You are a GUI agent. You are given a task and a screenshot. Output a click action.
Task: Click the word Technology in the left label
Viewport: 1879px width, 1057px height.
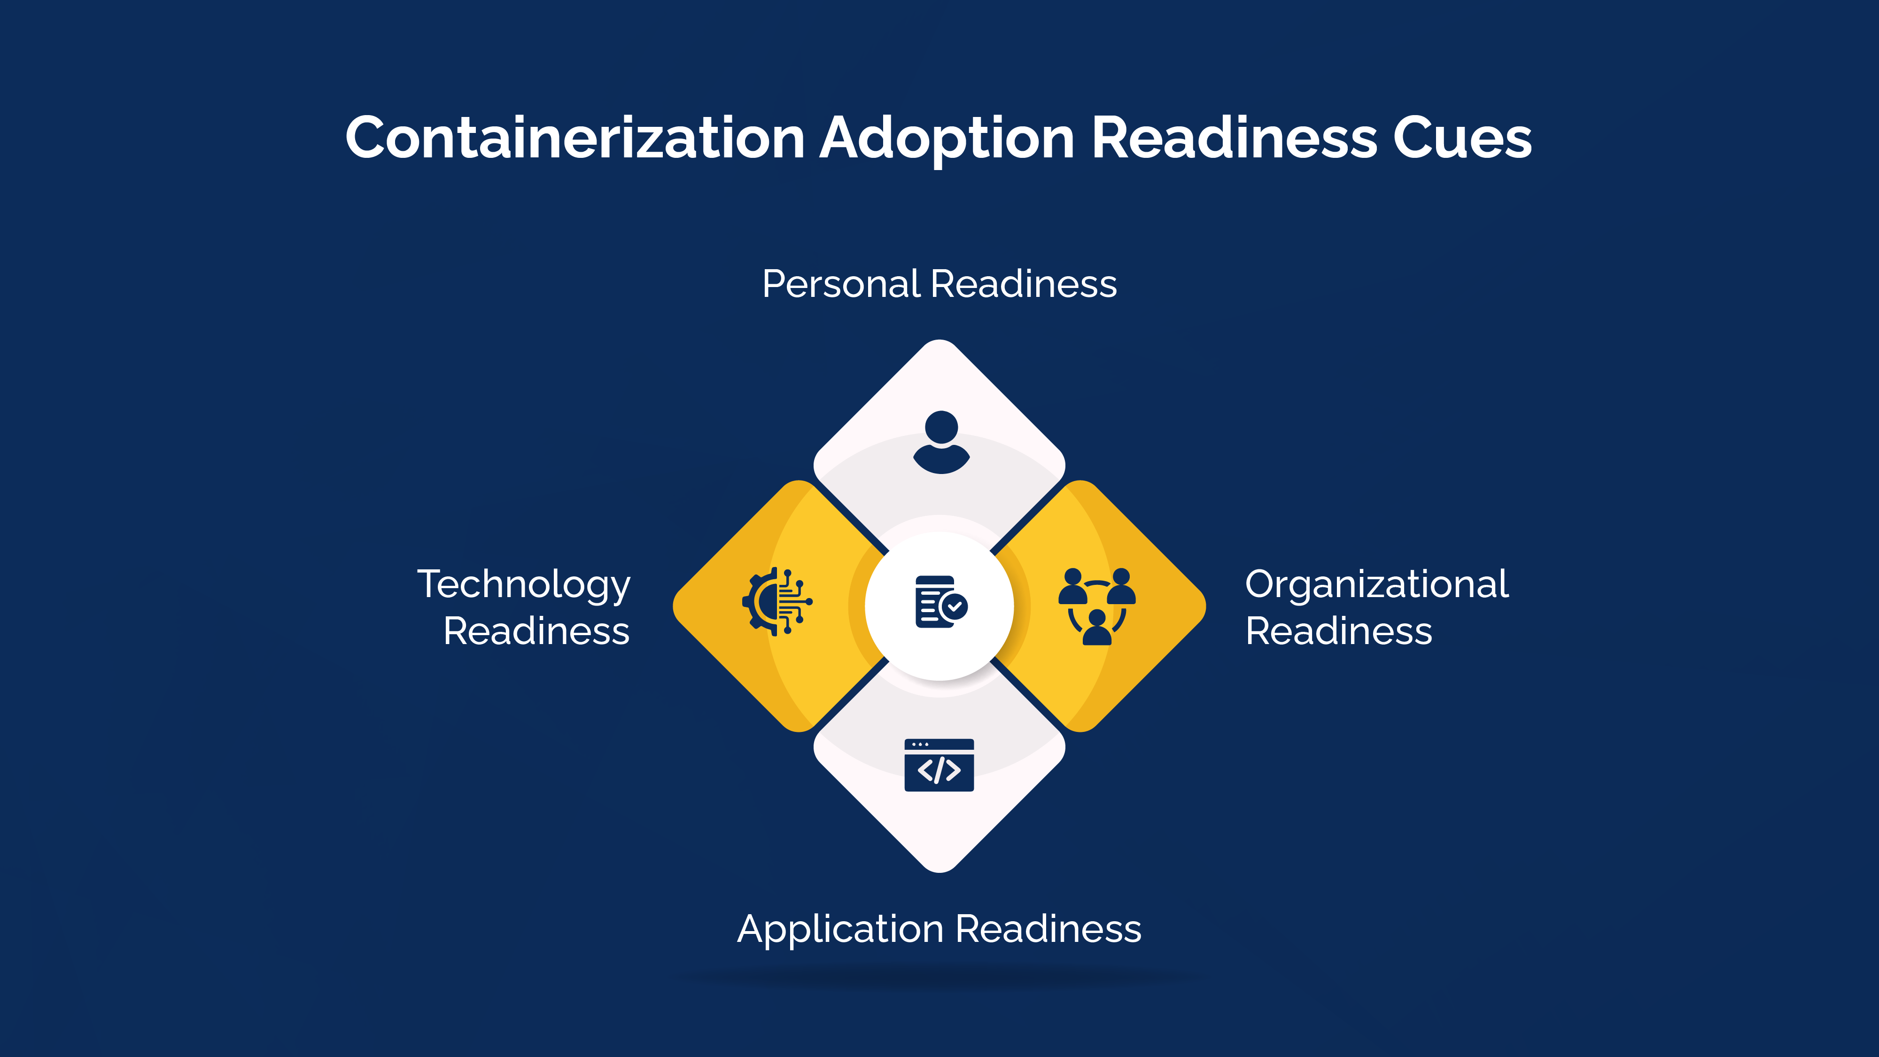point(524,584)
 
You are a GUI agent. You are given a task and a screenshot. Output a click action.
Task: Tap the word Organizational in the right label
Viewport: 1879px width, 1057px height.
point(1376,584)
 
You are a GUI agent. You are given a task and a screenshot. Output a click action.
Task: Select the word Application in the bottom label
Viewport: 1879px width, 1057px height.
point(840,929)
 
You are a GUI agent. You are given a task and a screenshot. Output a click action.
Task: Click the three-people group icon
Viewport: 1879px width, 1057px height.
point(1097,606)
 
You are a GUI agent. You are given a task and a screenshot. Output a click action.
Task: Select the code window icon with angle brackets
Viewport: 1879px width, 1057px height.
point(939,765)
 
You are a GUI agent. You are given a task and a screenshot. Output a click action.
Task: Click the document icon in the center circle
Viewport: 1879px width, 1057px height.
point(935,602)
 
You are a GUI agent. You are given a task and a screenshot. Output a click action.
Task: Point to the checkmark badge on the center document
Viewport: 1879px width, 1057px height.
point(954,606)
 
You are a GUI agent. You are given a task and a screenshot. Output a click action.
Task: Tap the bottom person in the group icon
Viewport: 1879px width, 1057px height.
point(1097,627)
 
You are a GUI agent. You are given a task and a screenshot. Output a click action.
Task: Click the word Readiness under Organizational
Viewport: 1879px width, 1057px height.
point(1338,631)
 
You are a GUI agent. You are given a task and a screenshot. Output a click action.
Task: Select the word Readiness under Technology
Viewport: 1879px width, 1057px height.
point(536,631)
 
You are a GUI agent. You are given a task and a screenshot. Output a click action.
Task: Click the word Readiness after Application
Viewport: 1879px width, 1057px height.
point(1048,929)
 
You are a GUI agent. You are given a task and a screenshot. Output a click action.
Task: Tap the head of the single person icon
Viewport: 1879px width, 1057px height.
point(941,427)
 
